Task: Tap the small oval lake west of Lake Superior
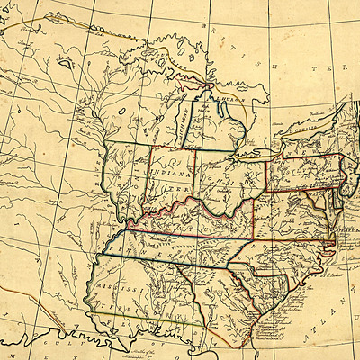click(63, 64)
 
